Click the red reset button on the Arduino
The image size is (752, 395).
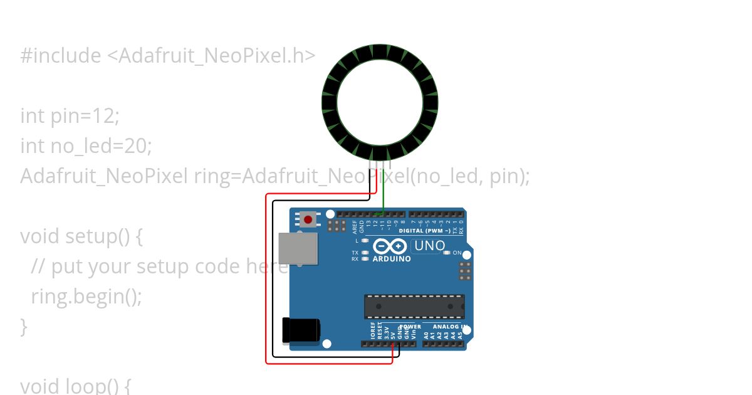[x=308, y=219]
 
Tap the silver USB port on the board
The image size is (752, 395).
[x=298, y=248]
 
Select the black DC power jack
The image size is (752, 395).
[x=301, y=330]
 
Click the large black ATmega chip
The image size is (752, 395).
[x=414, y=307]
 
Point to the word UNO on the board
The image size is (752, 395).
[x=430, y=246]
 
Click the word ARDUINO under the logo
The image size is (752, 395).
[x=392, y=259]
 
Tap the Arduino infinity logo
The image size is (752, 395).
[x=390, y=246]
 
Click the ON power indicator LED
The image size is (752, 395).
[x=447, y=253]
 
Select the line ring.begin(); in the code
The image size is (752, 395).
[x=86, y=296]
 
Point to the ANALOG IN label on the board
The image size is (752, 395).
[x=446, y=327]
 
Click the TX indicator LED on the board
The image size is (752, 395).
[x=365, y=253]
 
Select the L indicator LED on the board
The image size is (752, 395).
[x=365, y=241]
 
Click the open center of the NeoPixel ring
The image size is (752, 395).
[x=380, y=102]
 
